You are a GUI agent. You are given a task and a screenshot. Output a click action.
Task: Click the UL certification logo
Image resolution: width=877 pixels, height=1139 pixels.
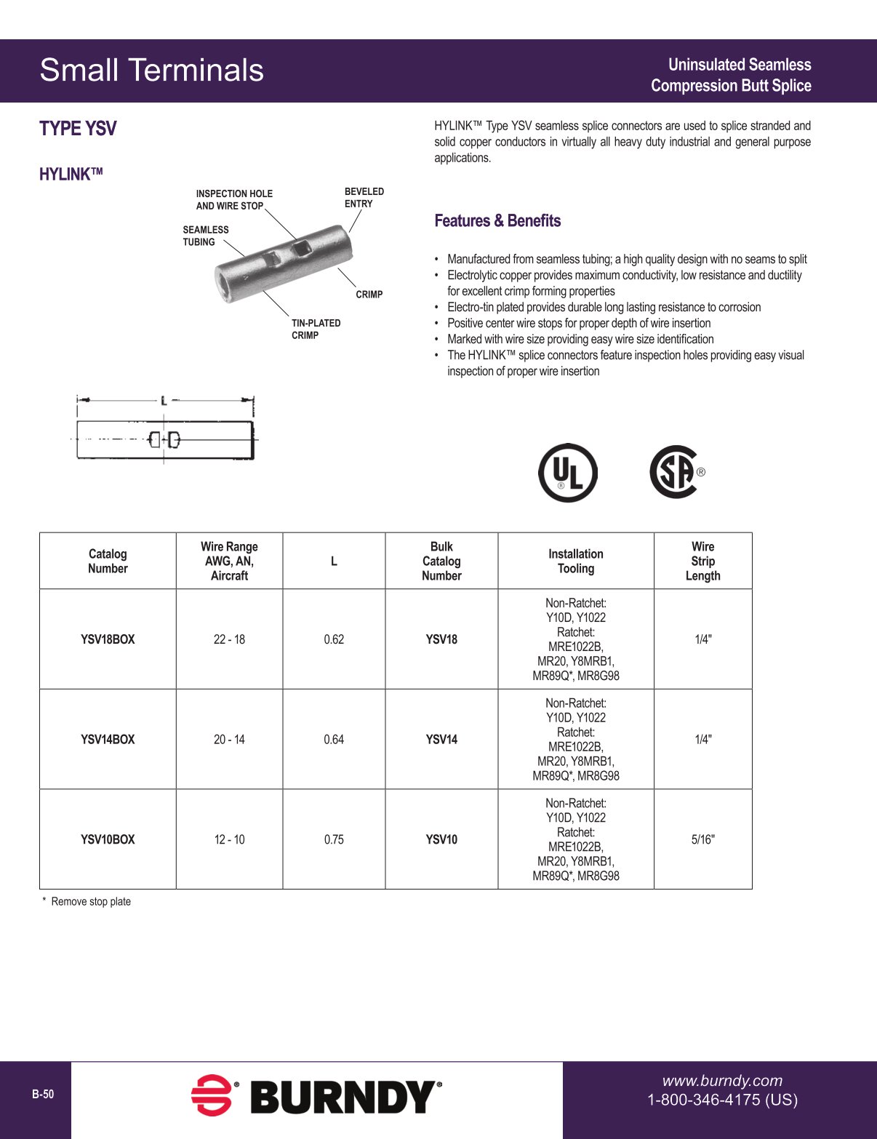(x=568, y=473)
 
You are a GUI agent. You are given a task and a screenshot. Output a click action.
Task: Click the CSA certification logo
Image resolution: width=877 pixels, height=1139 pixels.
(x=675, y=472)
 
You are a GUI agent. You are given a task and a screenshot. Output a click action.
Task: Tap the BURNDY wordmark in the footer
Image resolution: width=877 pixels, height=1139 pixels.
(x=345, y=1097)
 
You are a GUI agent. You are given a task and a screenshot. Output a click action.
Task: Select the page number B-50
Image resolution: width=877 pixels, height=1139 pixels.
(x=43, y=1095)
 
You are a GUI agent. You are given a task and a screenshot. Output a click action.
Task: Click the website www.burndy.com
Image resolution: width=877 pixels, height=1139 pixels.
(x=722, y=1081)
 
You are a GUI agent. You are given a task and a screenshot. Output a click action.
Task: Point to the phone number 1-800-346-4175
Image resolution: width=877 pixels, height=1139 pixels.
(x=722, y=1100)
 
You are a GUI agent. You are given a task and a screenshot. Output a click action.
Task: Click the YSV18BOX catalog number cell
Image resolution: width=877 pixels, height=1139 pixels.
(x=108, y=639)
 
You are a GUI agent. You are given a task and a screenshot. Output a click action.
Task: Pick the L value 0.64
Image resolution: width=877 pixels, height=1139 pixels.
(x=334, y=740)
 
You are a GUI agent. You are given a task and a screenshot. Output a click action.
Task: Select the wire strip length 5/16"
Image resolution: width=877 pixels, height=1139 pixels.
(x=702, y=839)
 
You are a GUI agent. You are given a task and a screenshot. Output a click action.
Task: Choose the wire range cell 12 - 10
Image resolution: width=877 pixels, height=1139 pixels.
(x=229, y=839)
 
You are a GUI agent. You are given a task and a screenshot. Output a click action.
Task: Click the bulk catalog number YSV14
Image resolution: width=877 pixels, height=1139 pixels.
(x=441, y=740)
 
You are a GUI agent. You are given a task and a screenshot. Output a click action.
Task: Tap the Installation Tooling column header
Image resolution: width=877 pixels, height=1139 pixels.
(x=575, y=561)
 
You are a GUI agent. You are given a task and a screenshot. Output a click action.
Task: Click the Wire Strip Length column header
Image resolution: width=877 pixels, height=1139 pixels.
(x=702, y=561)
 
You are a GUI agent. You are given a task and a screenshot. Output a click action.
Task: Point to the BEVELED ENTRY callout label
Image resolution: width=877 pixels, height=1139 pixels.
(x=364, y=198)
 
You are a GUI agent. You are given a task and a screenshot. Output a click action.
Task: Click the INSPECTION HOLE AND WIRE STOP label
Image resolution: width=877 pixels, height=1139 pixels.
(x=233, y=200)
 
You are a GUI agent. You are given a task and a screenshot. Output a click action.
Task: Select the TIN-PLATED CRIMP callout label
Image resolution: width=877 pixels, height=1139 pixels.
(x=316, y=329)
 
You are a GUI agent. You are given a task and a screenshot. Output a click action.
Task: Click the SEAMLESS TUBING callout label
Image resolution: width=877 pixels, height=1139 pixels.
(x=205, y=236)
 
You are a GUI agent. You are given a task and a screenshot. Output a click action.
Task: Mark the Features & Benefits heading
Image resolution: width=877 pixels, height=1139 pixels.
(x=497, y=220)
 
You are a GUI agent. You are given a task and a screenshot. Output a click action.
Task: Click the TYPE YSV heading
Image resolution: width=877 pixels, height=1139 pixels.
(x=78, y=129)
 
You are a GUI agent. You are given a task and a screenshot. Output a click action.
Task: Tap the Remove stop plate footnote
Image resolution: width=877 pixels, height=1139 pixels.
(x=90, y=901)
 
